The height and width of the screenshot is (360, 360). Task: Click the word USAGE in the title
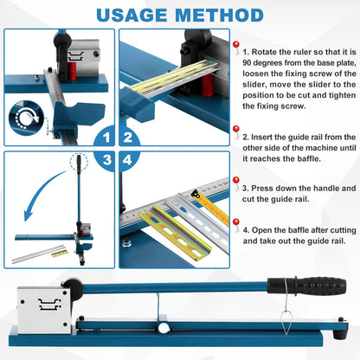[132, 16]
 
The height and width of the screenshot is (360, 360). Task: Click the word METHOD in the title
[219, 16]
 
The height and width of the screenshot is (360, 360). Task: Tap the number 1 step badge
[105, 137]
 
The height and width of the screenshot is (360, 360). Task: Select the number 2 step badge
[129, 137]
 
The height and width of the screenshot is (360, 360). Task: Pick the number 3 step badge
[106, 160]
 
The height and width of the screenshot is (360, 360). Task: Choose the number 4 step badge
[128, 160]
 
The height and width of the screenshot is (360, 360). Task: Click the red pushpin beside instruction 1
[236, 47]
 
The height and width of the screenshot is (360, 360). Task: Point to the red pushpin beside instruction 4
[236, 224]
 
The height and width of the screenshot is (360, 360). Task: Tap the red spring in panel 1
[73, 70]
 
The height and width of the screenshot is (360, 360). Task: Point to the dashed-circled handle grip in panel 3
[79, 164]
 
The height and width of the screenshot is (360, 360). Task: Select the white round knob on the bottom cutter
[164, 328]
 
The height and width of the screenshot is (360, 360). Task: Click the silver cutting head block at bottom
[44, 311]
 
